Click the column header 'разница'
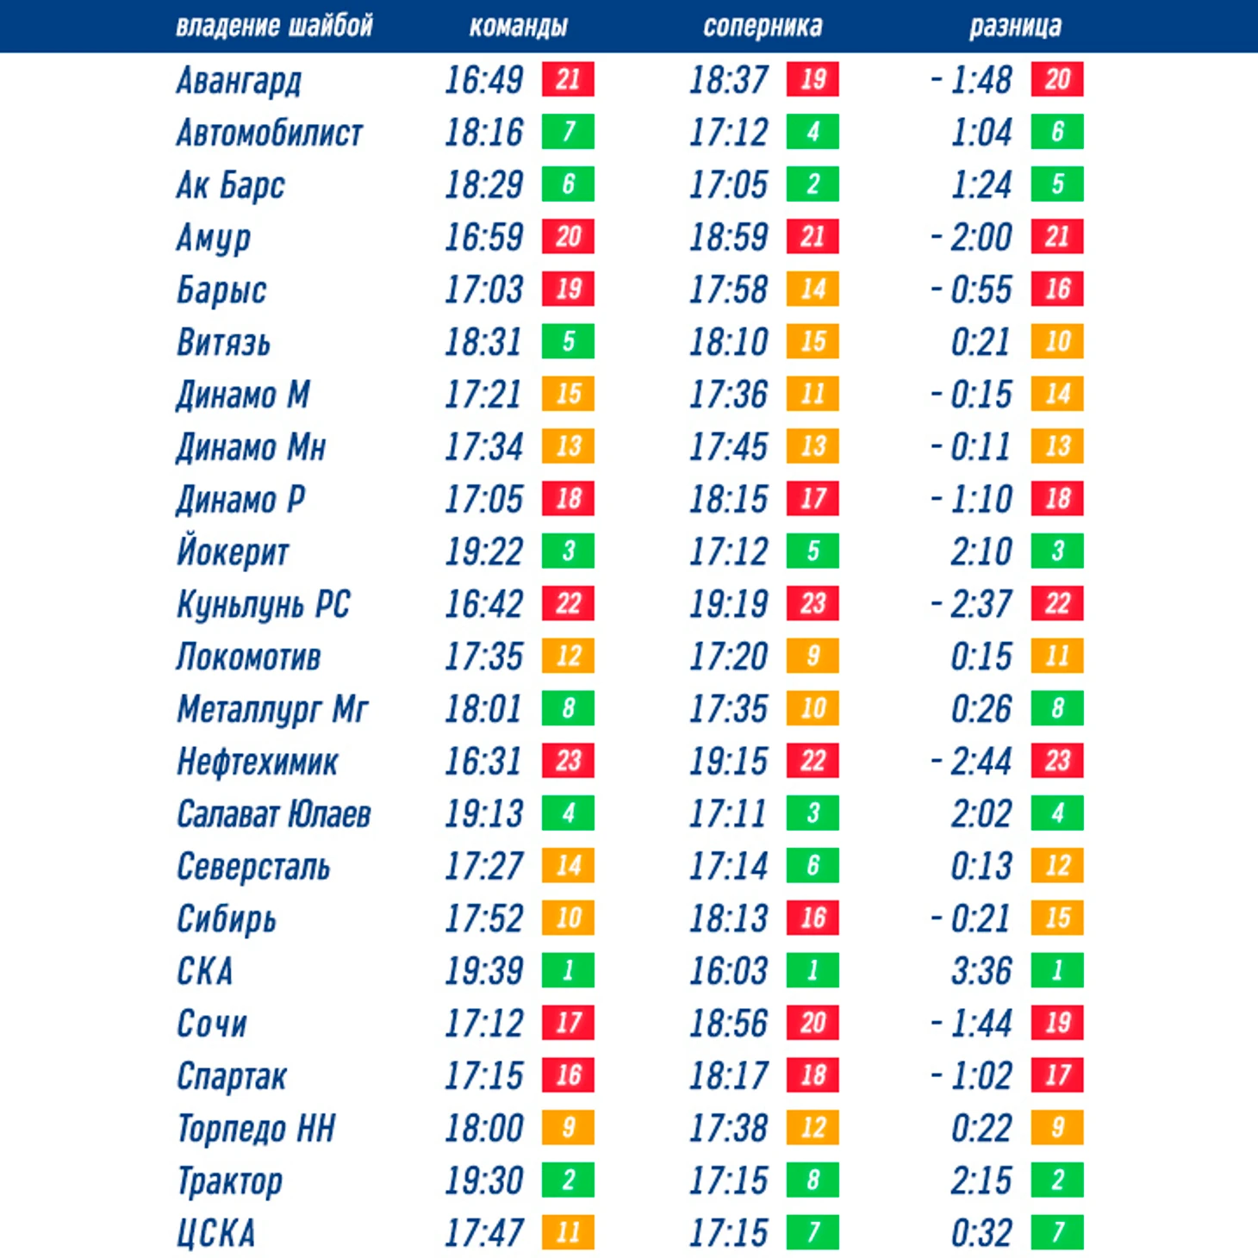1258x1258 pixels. (x=1014, y=27)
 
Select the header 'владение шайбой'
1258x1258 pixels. (x=274, y=27)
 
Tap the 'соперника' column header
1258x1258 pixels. (x=763, y=27)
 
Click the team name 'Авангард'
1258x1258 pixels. (x=239, y=81)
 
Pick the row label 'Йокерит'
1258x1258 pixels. (x=233, y=552)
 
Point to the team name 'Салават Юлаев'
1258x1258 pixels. (x=273, y=814)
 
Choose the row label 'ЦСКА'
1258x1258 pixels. (x=215, y=1233)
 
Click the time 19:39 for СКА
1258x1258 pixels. (x=483, y=971)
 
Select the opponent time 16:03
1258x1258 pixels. (x=728, y=971)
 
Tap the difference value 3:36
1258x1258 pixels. (x=981, y=971)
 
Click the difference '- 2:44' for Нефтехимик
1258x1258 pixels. (x=971, y=762)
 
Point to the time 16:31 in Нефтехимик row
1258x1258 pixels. (x=483, y=762)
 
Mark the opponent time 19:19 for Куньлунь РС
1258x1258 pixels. (x=728, y=604)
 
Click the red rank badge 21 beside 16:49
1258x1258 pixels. (x=568, y=79)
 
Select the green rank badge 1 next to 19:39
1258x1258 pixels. (x=568, y=970)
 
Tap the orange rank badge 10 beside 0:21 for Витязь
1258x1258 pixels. (x=1057, y=341)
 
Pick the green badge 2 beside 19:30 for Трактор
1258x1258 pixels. (x=568, y=1180)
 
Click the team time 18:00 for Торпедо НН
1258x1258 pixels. (x=483, y=1128)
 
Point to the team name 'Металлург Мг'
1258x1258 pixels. (x=272, y=709)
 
